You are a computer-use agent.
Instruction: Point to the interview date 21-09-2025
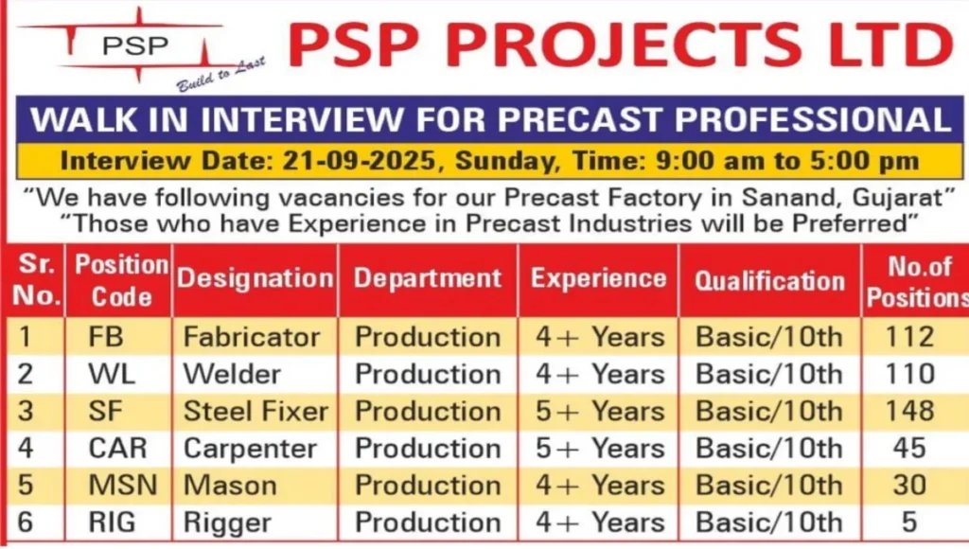coord(363,160)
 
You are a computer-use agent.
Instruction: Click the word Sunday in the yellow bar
coord(502,160)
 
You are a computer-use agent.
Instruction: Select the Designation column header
coord(255,279)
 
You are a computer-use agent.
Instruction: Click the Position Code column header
coord(122,279)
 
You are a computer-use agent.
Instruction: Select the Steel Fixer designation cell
coord(255,412)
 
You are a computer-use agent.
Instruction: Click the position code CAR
coord(116,449)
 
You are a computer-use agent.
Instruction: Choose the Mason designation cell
coord(230,486)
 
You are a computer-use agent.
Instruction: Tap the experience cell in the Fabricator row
coord(600,337)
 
